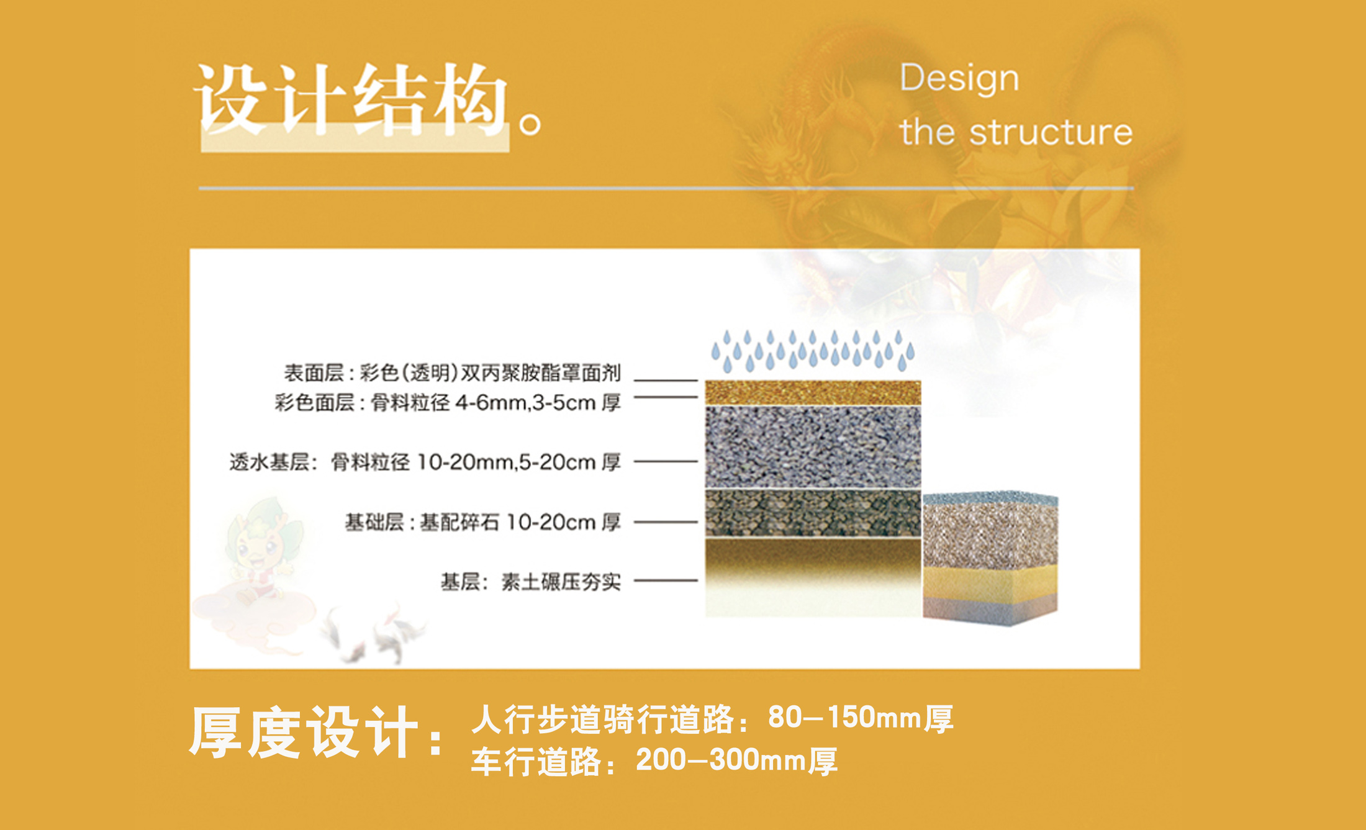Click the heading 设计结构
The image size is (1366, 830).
(351, 99)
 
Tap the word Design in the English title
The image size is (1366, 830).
(959, 79)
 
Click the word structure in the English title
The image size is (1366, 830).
(1051, 132)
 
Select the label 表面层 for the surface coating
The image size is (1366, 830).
(314, 373)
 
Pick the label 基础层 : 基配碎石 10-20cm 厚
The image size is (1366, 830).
(482, 522)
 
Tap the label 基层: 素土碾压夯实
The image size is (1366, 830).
(530, 582)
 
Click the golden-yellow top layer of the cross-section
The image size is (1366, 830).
(813, 392)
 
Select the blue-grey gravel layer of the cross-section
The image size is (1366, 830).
(813, 447)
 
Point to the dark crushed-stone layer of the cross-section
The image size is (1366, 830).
(813, 513)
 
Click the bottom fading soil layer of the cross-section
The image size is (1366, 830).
(813, 577)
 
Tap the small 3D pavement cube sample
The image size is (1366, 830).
(990, 559)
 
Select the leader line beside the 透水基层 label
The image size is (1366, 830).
(666, 461)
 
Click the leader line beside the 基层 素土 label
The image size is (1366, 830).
(666, 580)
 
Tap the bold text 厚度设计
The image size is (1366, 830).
(304, 733)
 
